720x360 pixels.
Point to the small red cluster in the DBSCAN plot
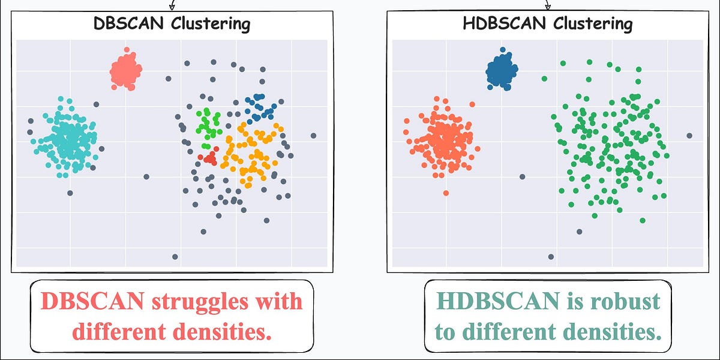209,158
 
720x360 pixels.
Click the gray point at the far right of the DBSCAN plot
313,136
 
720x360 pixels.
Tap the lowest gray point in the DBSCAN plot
175,257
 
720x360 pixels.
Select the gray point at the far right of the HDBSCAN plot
689,136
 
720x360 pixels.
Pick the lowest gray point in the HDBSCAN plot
551,257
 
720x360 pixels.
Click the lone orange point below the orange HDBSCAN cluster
446,193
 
